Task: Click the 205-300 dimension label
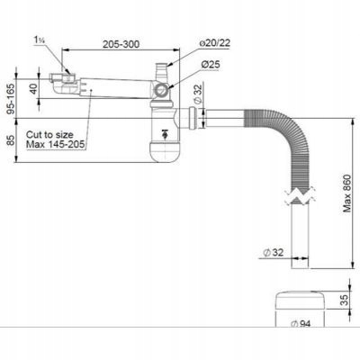121,44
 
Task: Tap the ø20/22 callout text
214,43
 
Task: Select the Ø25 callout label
211,64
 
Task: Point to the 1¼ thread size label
40,40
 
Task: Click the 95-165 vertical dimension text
11,99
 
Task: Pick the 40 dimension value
33,88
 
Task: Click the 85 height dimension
11,140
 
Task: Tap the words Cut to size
49,134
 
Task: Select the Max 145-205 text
55,144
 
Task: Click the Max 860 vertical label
346,193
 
